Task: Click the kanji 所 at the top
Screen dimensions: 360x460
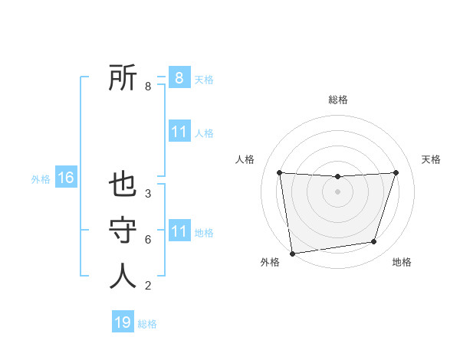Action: click(123, 78)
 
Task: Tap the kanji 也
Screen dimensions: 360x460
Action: click(123, 186)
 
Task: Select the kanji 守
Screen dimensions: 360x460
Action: click(123, 231)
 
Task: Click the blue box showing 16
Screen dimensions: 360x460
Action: click(66, 178)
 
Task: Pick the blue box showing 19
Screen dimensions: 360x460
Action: click(123, 322)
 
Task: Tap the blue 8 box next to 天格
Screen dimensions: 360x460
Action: click(179, 78)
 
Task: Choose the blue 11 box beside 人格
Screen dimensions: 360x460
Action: click(179, 132)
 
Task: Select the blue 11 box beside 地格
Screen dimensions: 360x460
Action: click(179, 231)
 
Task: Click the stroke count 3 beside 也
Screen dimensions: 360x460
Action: click(148, 194)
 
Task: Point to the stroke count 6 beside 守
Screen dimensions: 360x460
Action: click(148, 240)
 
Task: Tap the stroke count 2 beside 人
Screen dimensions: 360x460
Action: click(148, 286)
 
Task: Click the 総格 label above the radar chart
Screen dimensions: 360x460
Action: click(337, 100)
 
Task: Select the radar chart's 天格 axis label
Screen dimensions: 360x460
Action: click(431, 159)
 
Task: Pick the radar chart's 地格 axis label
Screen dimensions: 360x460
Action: click(402, 263)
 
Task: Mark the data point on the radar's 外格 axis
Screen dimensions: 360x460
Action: click(292, 254)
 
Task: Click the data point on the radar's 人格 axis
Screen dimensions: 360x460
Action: click(279, 172)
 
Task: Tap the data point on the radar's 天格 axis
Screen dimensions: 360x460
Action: click(396, 172)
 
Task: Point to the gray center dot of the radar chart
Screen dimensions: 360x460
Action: click(337, 191)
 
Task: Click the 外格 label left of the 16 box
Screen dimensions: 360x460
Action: click(41, 179)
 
